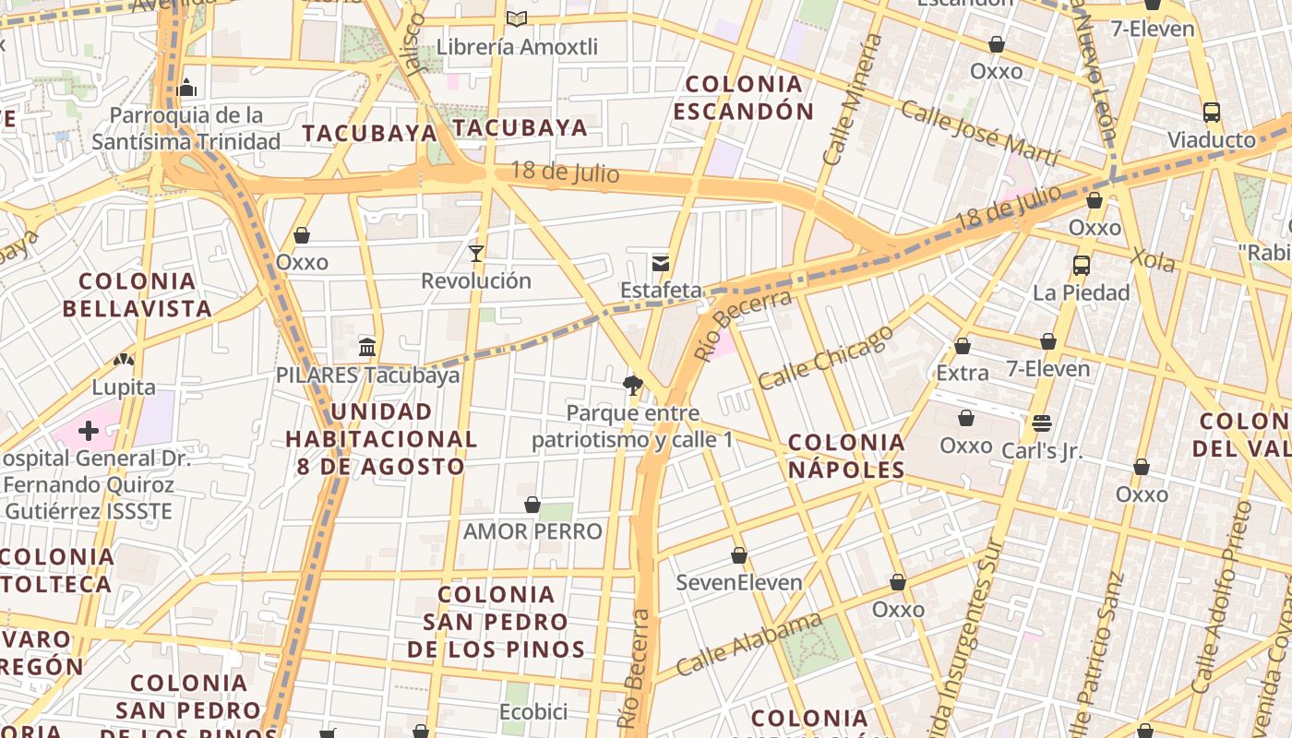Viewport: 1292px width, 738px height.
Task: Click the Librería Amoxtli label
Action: tap(517, 46)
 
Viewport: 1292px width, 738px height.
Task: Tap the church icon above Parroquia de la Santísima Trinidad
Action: tap(187, 88)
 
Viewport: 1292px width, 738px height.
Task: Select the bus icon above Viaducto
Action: tap(1212, 113)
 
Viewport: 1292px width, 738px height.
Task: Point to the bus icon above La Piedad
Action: tap(1081, 266)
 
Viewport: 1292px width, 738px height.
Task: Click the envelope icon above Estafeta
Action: tap(661, 264)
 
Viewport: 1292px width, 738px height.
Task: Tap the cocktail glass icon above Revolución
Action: tap(476, 253)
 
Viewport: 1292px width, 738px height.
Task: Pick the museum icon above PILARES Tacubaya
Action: tap(367, 348)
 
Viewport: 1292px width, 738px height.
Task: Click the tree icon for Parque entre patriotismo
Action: tap(632, 386)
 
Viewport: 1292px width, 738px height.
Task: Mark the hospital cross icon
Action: tap(89, 431)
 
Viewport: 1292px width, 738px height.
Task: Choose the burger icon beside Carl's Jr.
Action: tap(1042, 423)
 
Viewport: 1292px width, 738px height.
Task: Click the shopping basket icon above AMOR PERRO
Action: tap(532, 505)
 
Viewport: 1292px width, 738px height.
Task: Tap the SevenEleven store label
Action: tap(739, 582)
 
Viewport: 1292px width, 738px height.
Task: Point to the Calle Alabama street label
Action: tap(748, 644)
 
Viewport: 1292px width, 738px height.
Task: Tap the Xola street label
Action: tap(1153, 259)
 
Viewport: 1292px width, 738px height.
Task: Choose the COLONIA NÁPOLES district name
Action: tap(846, 456)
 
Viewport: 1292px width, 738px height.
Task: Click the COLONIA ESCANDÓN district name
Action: tap(743, 98)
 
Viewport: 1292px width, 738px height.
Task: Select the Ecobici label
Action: tap(532, 712)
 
